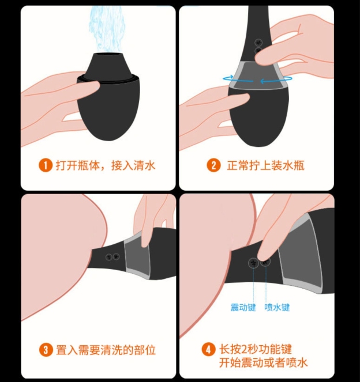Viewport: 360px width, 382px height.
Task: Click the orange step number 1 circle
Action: coord(46,166)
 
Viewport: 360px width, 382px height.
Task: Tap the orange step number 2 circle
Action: coord(213,165)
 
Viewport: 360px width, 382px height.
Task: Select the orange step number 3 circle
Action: coord(46,350)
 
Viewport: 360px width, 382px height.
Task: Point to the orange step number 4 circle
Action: coord(208,350)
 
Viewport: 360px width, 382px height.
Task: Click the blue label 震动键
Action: coord(243,307)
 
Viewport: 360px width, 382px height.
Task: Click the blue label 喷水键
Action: coord(277,307)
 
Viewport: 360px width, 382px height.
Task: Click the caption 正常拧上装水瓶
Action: coord(265,166)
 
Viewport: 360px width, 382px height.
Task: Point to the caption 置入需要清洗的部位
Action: coord(106,350)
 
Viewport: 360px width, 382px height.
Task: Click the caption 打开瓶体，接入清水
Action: coord(106,166)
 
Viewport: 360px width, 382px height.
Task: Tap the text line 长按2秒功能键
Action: coord(256,349)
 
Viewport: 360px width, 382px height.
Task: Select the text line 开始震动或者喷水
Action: coord(263,362)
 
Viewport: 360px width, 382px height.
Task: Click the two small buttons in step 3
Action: coord(112,257)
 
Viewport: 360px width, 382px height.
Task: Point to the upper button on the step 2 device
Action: coord(258,43)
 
